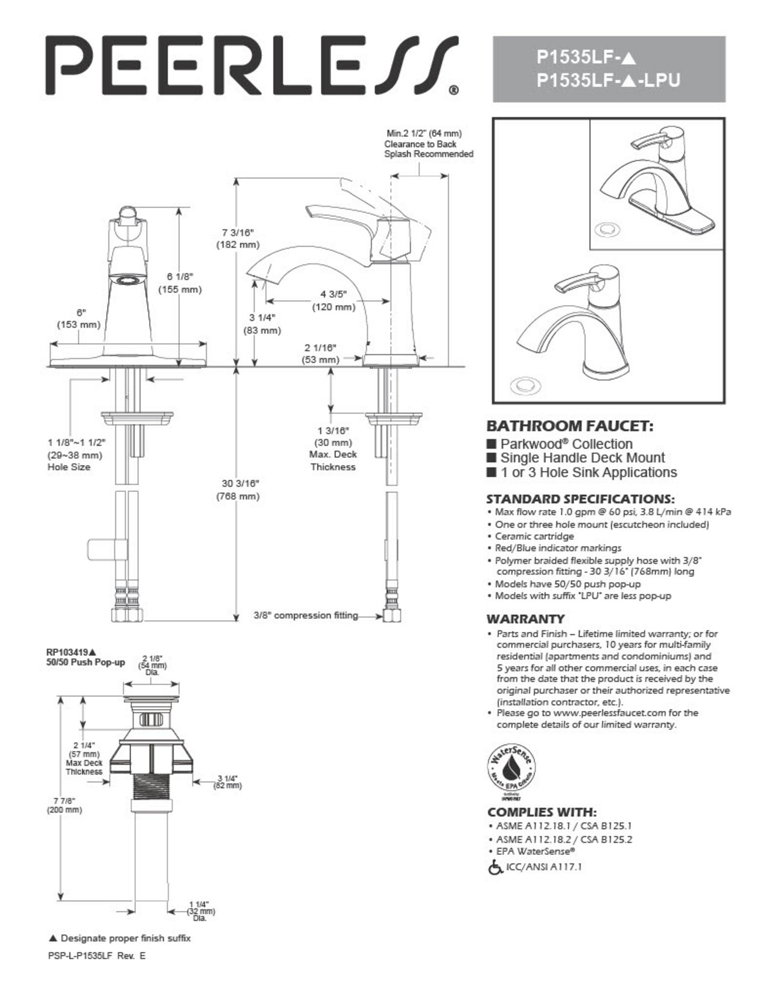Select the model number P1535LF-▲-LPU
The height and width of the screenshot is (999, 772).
click(608, 80)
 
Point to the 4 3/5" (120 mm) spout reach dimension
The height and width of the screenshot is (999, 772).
click(333, 300)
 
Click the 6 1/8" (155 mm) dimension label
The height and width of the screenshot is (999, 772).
click(180, 283)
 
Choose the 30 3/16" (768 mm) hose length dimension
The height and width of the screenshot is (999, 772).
click(240, 490)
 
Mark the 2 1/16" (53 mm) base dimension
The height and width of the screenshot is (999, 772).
click(320, 353)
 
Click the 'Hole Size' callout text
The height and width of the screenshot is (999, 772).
click(69, 467)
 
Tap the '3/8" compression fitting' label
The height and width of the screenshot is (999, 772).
click(305, 616)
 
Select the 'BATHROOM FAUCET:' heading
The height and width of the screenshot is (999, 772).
click(569, 426)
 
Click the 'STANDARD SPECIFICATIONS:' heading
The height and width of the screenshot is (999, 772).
click(580, 499)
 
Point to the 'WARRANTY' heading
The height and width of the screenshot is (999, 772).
click(525, 619)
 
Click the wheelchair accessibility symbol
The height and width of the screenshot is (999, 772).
click(495, 868)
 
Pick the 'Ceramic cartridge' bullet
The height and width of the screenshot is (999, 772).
click(534, 536)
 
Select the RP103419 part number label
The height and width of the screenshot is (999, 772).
click(71, 652)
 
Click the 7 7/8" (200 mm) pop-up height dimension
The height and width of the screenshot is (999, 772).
click(64, 805)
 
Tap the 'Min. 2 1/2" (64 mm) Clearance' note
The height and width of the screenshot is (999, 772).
click(428, 144)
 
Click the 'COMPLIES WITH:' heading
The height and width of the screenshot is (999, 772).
click(542, 812)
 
